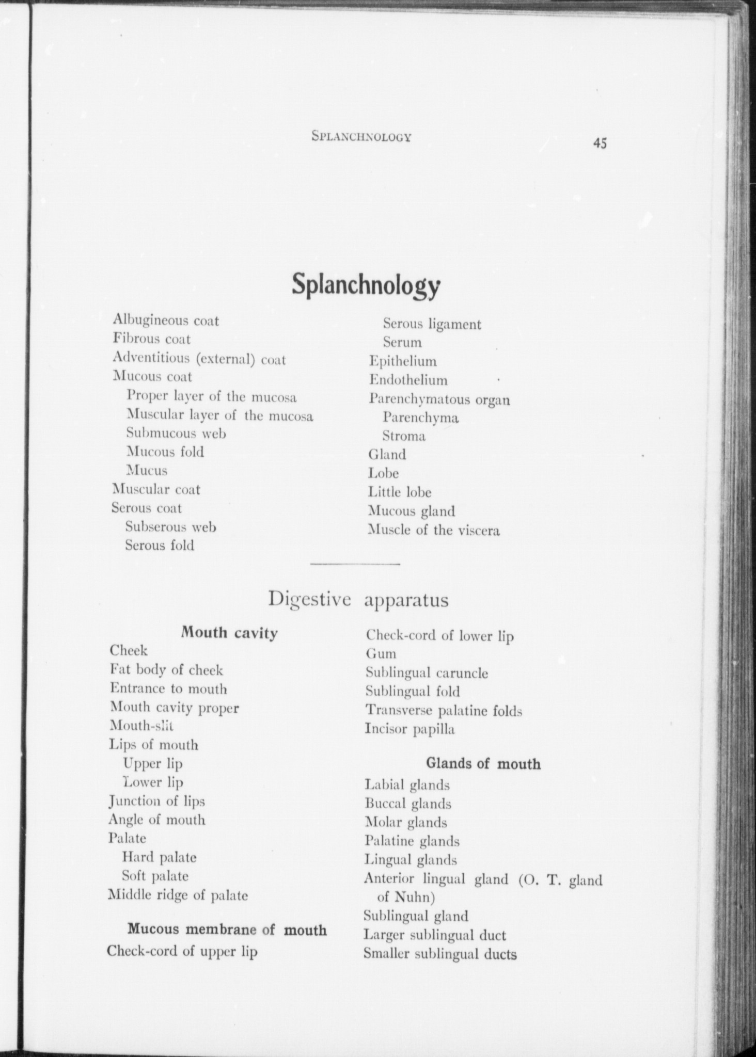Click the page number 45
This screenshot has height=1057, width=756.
coord(600,143)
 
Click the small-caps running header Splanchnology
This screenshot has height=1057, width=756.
coord(361,137)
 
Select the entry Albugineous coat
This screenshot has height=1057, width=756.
coord(166,321)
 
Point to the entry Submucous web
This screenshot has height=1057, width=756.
coord(176,433)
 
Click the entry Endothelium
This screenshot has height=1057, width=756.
coord(408,380)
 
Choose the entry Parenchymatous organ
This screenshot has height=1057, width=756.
coord(439,399)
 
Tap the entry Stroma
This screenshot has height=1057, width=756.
coord(404,436)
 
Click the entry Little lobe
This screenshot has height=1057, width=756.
coord(400,492)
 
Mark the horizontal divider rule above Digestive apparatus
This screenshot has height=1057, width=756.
coord(355,564)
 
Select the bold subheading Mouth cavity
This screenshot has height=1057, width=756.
coord(229,633)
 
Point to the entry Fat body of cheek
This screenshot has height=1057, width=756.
coord(166,670)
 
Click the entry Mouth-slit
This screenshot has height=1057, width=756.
coord(141,726)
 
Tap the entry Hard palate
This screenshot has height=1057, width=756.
coord(159,857)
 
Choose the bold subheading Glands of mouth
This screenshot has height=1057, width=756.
coord(483,763)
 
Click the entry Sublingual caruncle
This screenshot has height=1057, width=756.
coord(427,673)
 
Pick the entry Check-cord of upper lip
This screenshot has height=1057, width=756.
coord(182,951)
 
